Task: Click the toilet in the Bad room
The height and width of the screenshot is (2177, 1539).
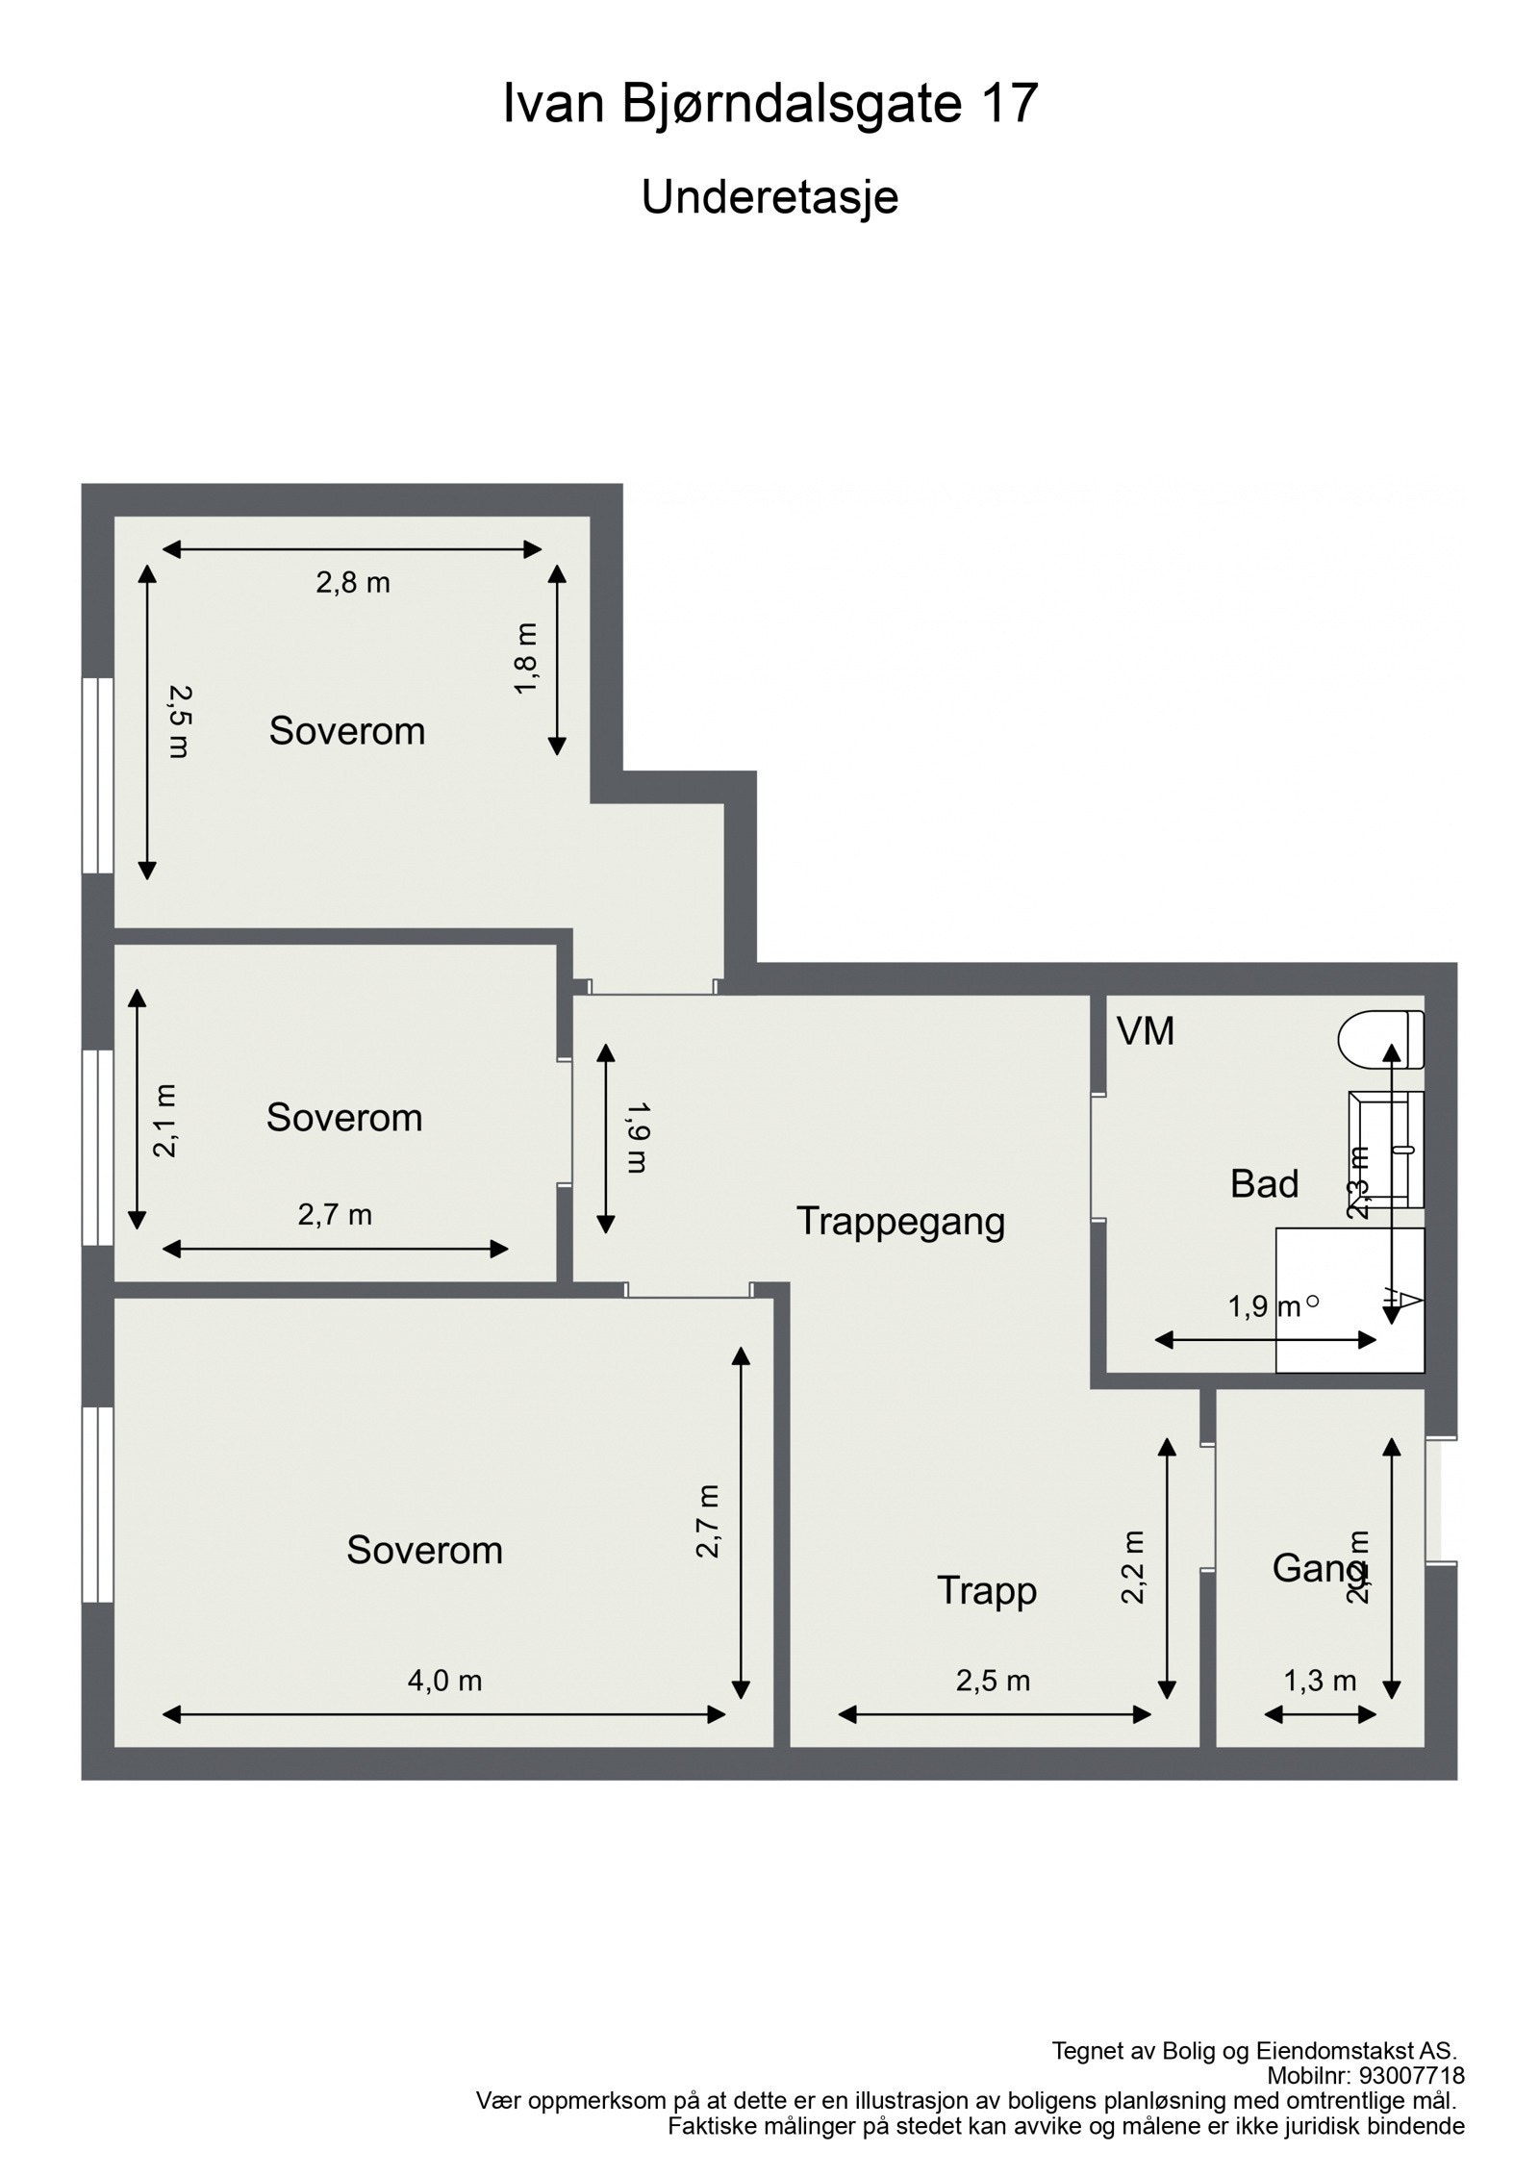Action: [x=1381, y=1039]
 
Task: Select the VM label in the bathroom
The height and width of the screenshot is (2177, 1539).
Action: [x=1145, y=1031]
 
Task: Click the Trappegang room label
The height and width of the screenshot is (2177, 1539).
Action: [x=900, y=1222]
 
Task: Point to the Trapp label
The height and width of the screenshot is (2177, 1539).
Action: [x=987, y=1590]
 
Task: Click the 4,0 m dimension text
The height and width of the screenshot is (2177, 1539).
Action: [x=444, y=1681]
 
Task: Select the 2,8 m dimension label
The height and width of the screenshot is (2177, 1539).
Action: [x=353, y=583]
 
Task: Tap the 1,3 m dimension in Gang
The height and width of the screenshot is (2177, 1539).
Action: [x=1320, y=1681]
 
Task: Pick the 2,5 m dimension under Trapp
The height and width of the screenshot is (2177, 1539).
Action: [x=993, y=1681]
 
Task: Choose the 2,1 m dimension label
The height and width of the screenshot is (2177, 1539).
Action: [x=166, y=1120]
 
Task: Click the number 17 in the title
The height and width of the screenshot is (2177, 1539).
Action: [x=1009, y=104]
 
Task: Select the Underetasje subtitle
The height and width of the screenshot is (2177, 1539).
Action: [x=769, y=197]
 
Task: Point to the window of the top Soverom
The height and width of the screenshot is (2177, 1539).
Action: [x=97, y=775]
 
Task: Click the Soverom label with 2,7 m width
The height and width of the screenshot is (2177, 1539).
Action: [x=344, y=1118]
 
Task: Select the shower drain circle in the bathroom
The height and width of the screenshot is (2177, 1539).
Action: [x=1313, y=1302]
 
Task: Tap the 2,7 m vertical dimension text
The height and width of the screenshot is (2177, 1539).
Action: [x=709, y=1521]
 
